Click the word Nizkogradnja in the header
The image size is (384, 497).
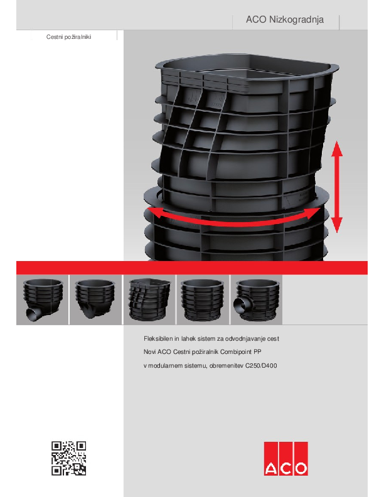point(296,19)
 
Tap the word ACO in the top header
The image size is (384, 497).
point(256,19)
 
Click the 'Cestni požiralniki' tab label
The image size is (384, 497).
point(69,37)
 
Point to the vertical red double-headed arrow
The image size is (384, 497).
point(336,187)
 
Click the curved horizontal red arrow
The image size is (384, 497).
point(235,222)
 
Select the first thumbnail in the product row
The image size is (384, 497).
point(42,300)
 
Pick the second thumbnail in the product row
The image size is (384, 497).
point(95,300)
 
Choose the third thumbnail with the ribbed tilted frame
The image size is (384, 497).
point(149,300)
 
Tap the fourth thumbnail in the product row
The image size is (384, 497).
point(203,300)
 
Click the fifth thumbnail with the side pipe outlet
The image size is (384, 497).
point(257,300)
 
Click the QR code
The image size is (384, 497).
point(69,458)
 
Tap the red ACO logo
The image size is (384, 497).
point(285,458)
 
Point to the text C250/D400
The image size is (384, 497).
point(261,365)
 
